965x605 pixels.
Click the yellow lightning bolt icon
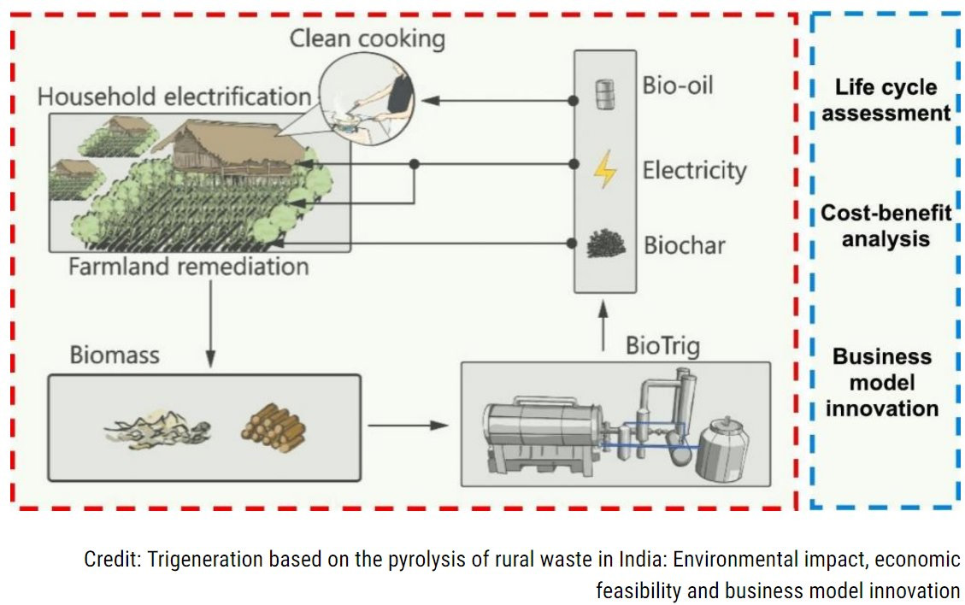604,169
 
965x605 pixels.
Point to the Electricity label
694,170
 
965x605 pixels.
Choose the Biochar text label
684,246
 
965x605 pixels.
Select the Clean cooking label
368,38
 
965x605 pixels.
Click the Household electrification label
174,96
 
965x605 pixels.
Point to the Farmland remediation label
188,267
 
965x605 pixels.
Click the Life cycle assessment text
885,100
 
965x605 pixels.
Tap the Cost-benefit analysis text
886,225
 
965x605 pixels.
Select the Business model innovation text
882,382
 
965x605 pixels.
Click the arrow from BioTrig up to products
604,324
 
